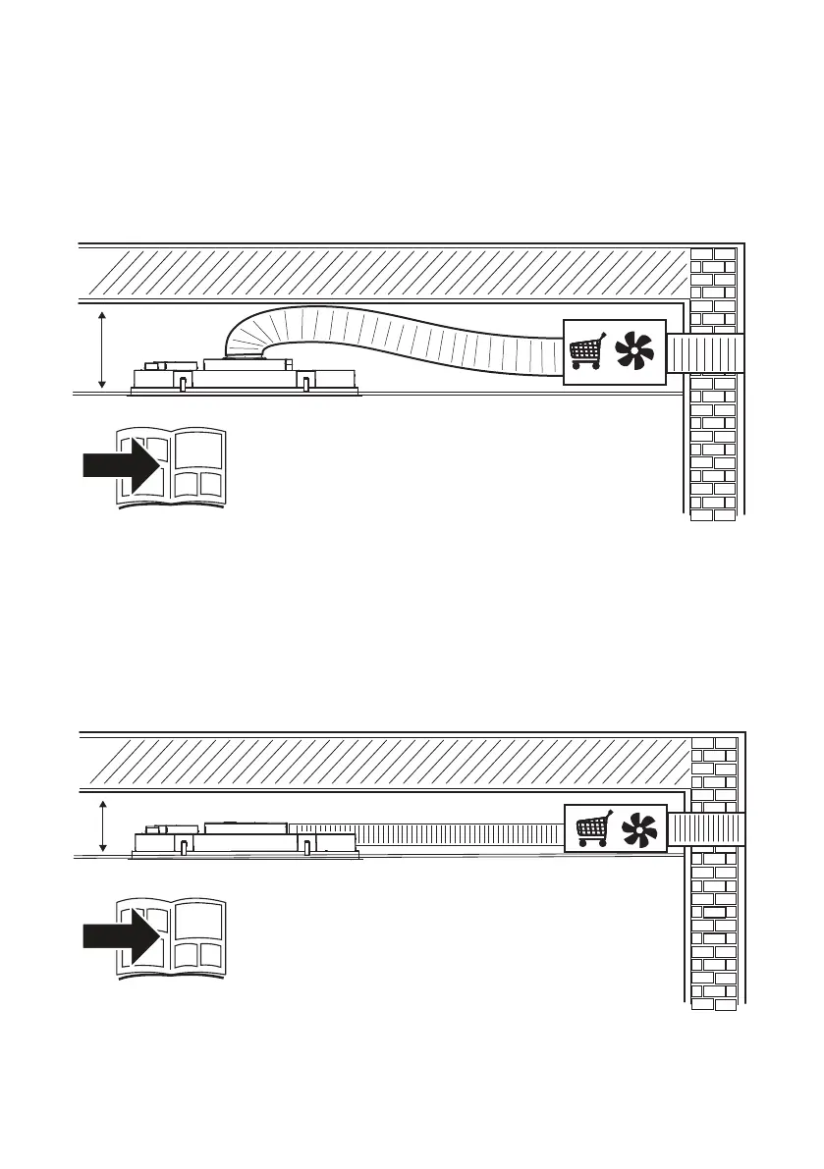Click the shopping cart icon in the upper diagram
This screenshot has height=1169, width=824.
coord(586,351)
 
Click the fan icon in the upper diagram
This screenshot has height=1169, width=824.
coord(634,350)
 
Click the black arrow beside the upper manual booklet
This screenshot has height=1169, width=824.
coord(118,464)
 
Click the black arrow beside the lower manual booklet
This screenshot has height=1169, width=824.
coord(118,939)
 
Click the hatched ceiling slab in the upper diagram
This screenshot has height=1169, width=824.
coord(383,272)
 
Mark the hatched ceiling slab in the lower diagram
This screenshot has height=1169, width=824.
coord(383,762)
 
